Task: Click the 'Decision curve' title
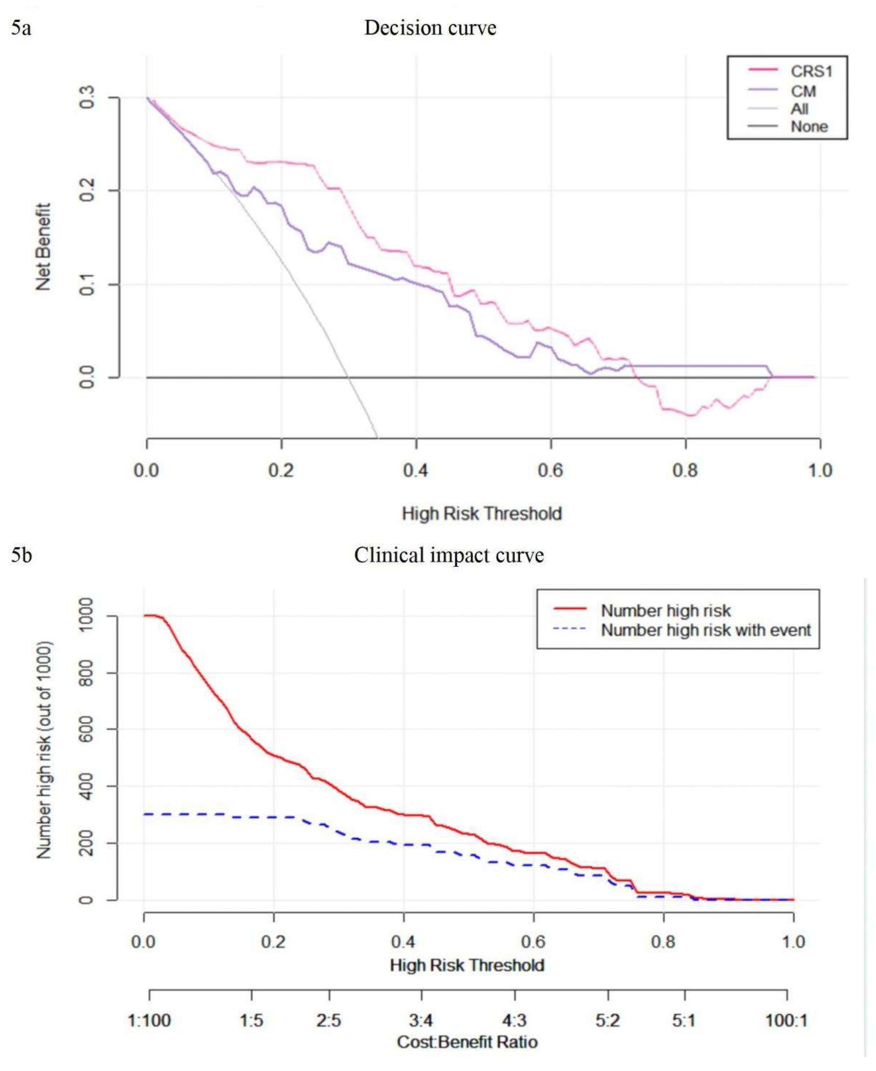pos(430,28)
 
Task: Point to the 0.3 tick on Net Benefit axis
pos(87,97)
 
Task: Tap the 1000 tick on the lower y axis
pos(86,615)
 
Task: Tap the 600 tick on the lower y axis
pos(86,729)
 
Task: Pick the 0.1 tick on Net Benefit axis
pos(87,284)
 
